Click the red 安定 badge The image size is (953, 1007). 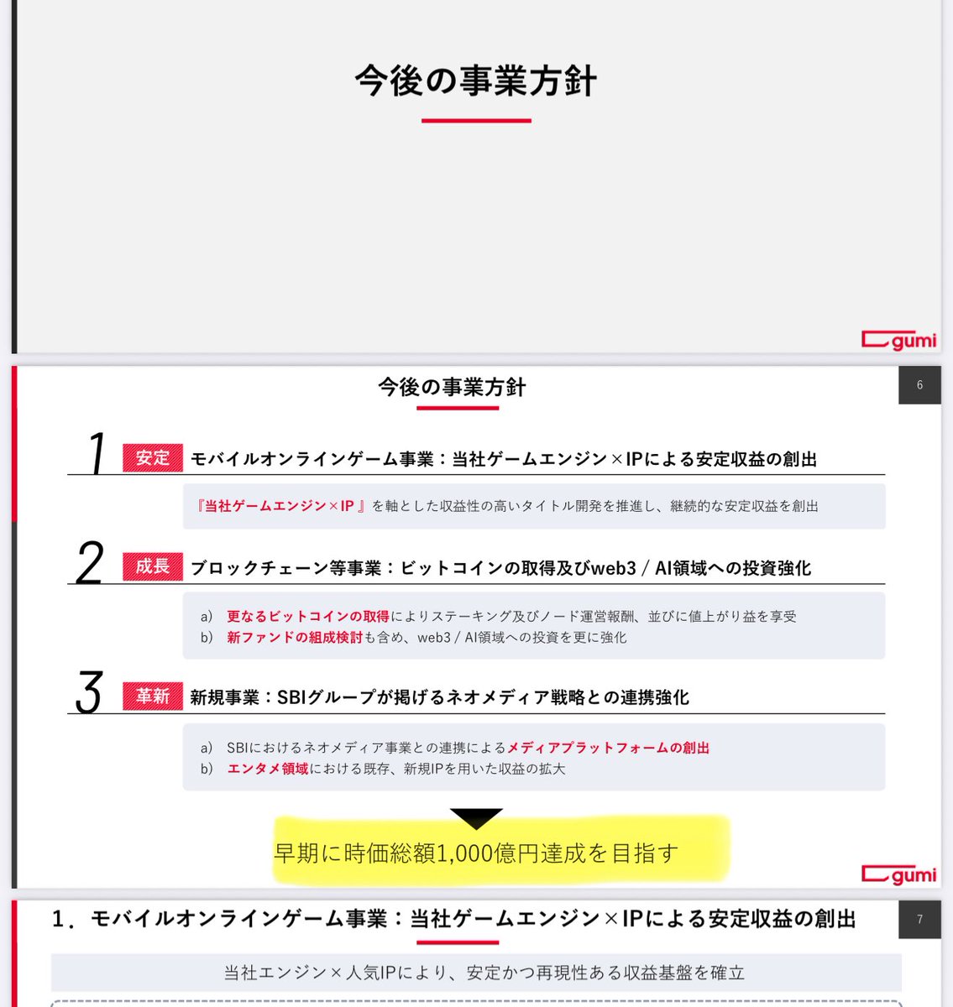(x=152, y=458)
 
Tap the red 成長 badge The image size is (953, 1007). (x=152, y=567)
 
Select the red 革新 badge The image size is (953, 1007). (x=152, y=697)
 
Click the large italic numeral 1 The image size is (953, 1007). (x=97, y=454)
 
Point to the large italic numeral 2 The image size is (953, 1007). (x=90, y=562)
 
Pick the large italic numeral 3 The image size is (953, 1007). (x=89, y=692)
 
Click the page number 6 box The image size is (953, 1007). (x=919, y=385)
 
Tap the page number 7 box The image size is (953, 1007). (x=919, y=920)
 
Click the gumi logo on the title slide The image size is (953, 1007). (x=898, y=340)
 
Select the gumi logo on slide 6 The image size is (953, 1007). (x=898, y=874)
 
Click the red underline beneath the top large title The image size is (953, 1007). (x=476, y=121)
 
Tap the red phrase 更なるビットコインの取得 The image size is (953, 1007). (x=308, y=617)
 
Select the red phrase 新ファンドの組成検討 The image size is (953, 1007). (x=295, y=638)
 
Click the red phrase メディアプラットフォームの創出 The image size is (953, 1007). (x=608, y=748)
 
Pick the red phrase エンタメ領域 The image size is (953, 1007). (x=268, y=769)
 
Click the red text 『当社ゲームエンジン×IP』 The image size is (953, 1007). (x=281, y=506)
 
